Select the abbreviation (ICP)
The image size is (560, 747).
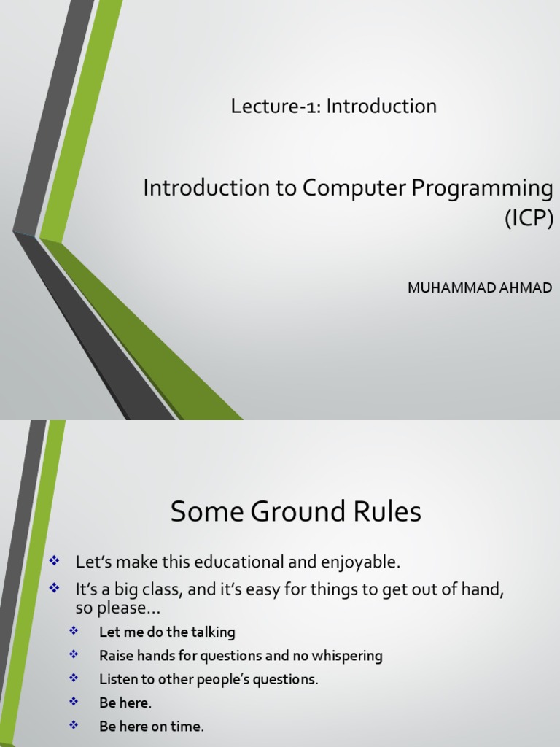point(529,218)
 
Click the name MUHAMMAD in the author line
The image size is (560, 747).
point(449,287)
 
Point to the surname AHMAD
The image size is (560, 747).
point(524,287)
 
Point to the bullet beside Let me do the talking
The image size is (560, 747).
point(74,631)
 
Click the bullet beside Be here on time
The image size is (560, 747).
point(74,725)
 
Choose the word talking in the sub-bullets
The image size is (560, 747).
point(212,632)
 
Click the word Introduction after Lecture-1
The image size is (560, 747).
point(381,107)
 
